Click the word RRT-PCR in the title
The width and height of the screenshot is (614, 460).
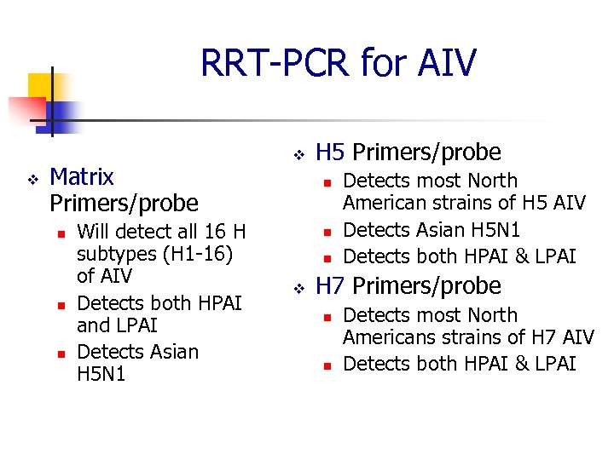click(x=275, y=63)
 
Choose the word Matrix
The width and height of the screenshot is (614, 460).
click(x=82, y=177)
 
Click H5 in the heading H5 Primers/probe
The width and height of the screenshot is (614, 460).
click(x=330, y=152)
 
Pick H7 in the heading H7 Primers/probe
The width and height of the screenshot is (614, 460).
click(x=330, y=286)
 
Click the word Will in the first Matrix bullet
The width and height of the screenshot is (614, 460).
click(x=93, y=232)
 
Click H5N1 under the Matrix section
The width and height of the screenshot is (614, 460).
click(x=101, y=374)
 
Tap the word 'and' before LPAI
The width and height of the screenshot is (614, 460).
click(x=93, y=325)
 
